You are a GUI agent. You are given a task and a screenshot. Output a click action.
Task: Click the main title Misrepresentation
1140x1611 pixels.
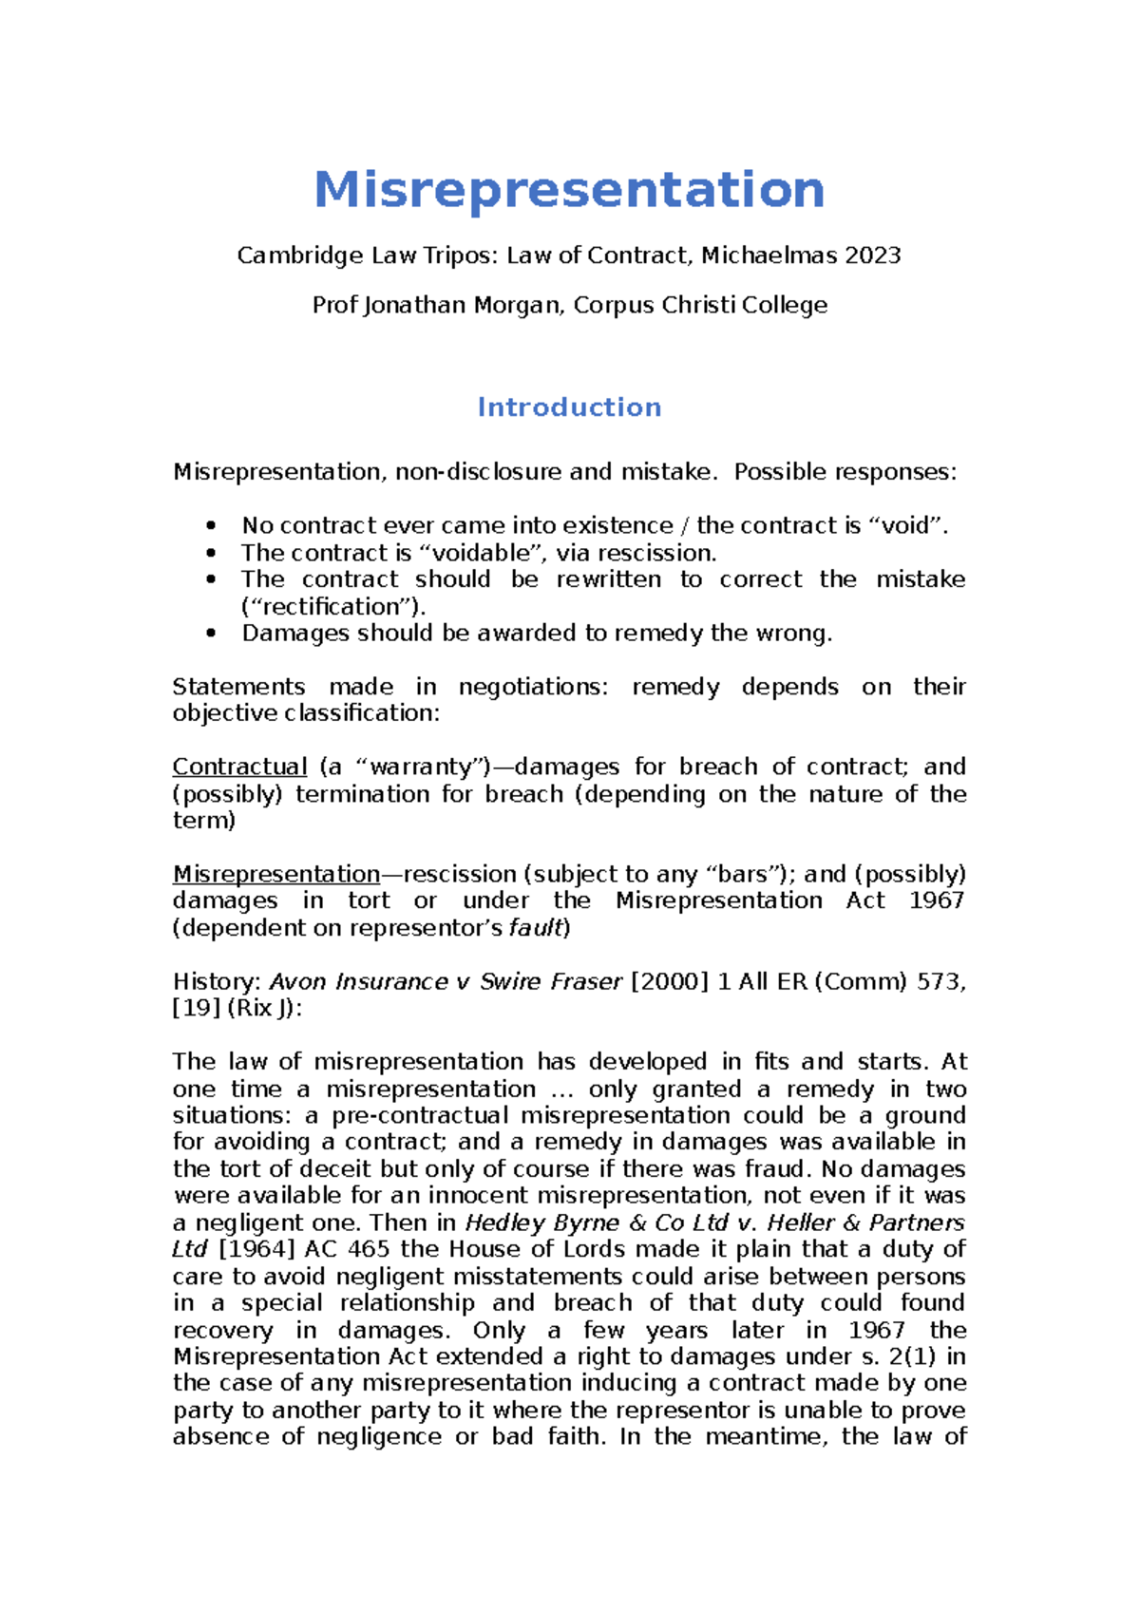(x=569, y=189)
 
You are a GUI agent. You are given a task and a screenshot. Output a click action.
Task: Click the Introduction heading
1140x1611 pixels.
(x=569, y=407)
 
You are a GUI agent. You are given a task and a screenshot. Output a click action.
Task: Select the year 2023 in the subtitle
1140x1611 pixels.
(x=872, y=256)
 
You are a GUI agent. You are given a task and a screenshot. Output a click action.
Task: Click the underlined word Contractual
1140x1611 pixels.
(x=239, y=768)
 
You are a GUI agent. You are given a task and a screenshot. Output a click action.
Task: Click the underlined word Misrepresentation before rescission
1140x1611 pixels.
(x=276, y=874)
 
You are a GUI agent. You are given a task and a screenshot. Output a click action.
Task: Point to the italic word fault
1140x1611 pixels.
(x=536, y=928)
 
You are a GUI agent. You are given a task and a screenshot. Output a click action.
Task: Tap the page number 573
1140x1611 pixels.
(x=940, y=981)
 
